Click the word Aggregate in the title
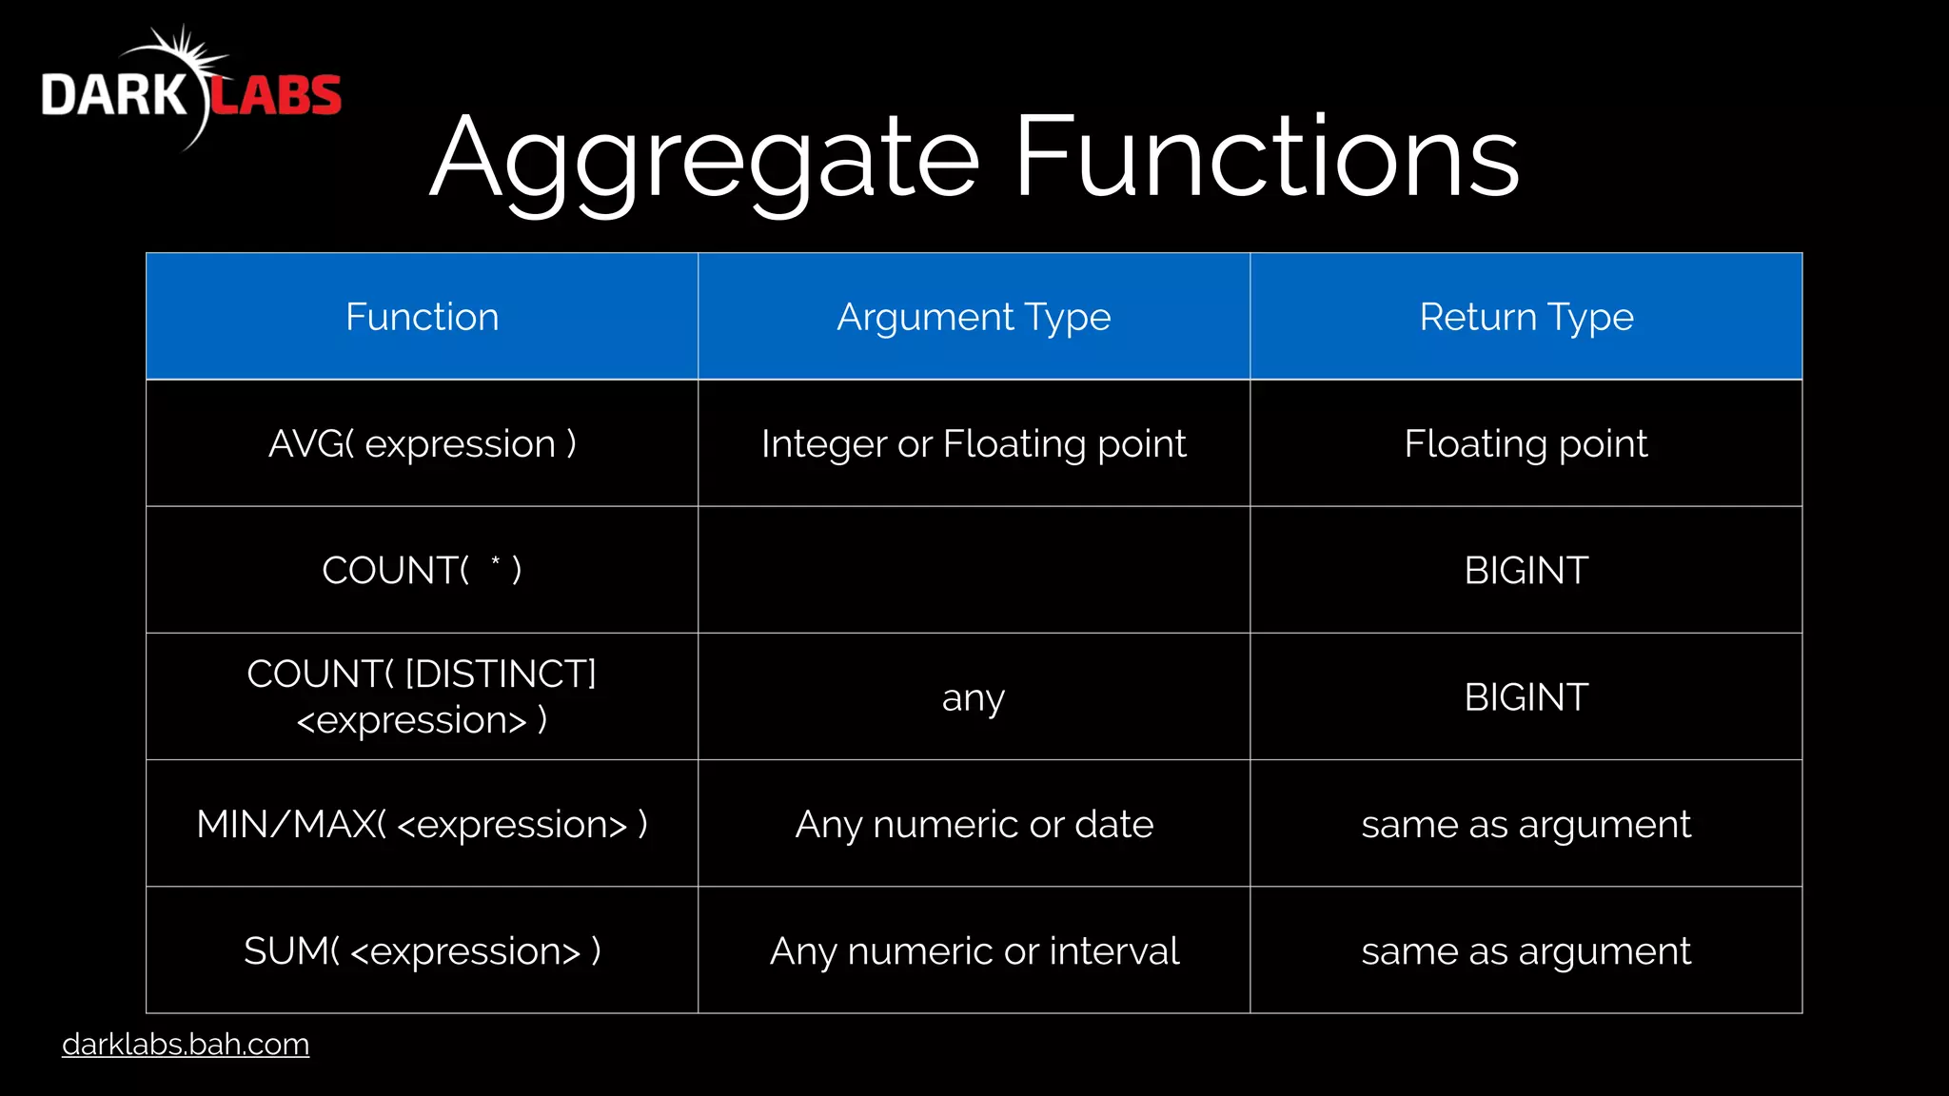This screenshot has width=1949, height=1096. tap(704, 157)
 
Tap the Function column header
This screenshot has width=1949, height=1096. tap(422, 317)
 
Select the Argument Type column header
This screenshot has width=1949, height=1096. tap(974, 317)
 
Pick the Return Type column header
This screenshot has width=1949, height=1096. tap(1526, 317)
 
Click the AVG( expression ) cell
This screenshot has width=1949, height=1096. tap(422, 443)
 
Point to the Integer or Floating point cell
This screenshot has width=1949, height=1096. tap(974, 443)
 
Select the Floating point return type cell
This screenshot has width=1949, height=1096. tap(1526, 443)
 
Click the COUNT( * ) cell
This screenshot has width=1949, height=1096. tap(422, 570)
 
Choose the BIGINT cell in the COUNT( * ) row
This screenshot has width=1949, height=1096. tap(1526, 570)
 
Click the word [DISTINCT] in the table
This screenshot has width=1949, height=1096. tap(501, 674)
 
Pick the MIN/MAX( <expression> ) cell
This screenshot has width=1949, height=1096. tap(422, 824)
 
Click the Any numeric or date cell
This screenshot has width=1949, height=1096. tap(974, 824)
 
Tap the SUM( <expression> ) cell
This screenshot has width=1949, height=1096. tap(422, 950)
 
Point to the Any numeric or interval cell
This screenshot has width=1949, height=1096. tap(974, 950)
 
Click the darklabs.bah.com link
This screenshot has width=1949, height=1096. tap(186, 1044)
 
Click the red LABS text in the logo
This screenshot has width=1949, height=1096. tap(275, 95)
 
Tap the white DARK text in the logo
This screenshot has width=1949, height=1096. tap(114, 95)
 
